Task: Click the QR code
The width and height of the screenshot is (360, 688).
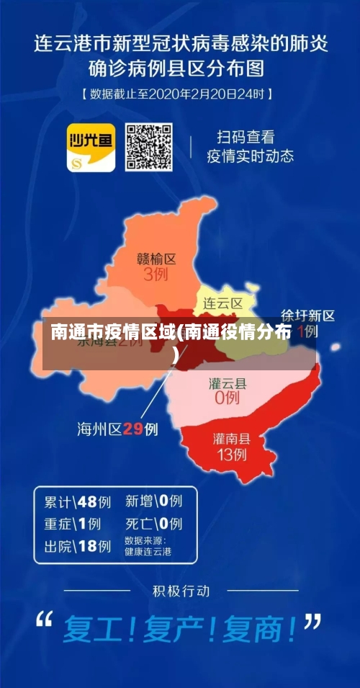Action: coord(149,147)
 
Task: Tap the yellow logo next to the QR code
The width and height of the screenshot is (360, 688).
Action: coord(91,147)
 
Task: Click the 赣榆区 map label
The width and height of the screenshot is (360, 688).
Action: coord(157,259)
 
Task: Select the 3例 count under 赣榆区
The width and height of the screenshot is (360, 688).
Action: coord(157,274)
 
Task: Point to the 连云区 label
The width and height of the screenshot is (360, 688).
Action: coord(222,303)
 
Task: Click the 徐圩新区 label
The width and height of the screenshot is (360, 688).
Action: coord(307,316)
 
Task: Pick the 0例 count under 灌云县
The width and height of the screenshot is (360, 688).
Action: coord(228,398)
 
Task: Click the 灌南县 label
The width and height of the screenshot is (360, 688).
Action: coord(231,438)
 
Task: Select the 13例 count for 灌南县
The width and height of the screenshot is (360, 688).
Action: coord(231,455)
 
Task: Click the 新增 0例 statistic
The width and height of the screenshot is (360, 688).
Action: coord(153,501)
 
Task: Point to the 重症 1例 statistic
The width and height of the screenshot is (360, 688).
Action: coord(72,524)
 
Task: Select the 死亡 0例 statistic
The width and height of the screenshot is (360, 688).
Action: coord(153,523)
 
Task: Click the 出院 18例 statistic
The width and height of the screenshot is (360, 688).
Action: coord(78,546)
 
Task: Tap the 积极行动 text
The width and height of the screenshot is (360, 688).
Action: coord(181,591)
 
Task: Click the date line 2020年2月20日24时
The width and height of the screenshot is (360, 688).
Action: coord(177,94)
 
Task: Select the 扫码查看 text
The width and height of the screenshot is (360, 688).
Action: coord(246,136)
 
